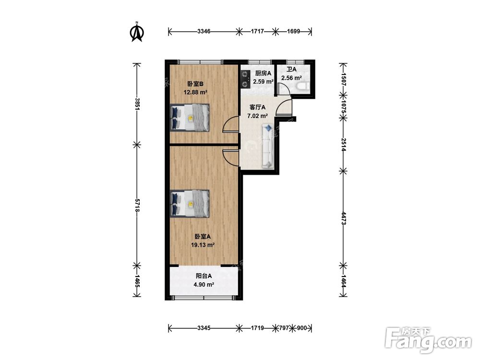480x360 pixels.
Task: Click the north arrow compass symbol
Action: [x=137, y=32]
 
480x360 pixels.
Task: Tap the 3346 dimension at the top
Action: [x=204, y=31]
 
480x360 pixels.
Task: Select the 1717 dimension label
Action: [x=257, y=31]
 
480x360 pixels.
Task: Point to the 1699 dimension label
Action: [x=294, y=31]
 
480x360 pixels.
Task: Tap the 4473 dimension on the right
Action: [x=344, y=218]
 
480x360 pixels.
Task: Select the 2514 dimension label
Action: [x=344, y=144]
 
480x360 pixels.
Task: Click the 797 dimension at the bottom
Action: [x=284, y=328]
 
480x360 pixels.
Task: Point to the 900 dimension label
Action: [x=302, y=328]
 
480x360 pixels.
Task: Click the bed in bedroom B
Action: [x=190, y=118]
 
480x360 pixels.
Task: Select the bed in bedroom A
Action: [x=190, y=204]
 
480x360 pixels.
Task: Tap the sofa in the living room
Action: [x=267, y=146]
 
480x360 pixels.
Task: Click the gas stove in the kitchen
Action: [x=245, y=79]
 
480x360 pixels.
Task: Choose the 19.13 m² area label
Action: [x=203, y=245]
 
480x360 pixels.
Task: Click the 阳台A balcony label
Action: [x=204, y=276]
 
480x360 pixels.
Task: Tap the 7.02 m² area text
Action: [x=257, y=116]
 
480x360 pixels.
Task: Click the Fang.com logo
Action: [x=428, y=340]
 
